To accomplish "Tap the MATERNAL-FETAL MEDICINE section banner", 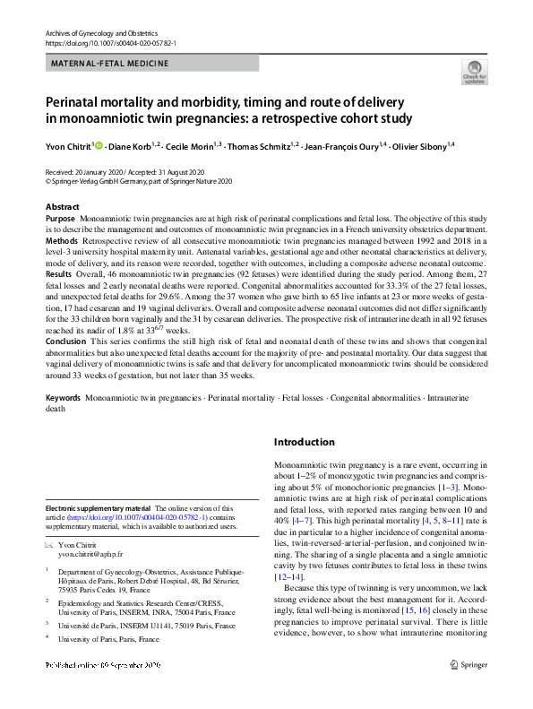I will click(110, 64).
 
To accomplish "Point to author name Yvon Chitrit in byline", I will click(68, 145).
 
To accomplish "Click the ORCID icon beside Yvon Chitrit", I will click(99, 145).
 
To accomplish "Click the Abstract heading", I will click(62, 207).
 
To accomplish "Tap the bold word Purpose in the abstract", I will click(60, 219).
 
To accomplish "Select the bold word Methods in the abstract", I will click(61, 242).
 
